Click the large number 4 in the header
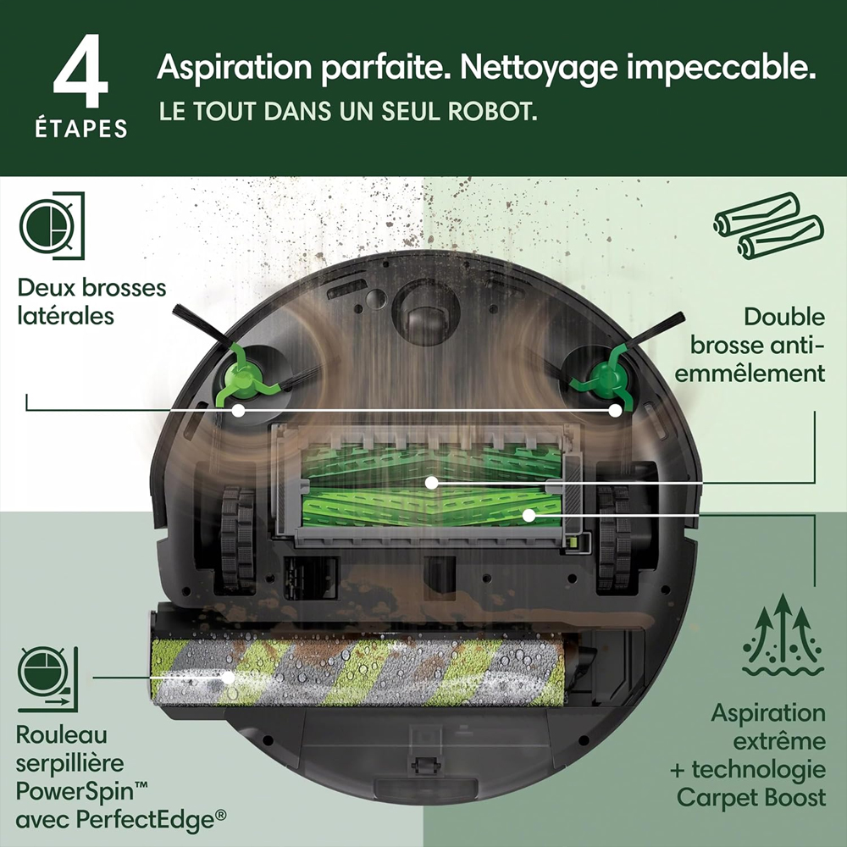80,71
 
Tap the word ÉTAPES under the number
81,129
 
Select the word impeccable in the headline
721,68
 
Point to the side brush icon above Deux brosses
52,226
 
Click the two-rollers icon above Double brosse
769,226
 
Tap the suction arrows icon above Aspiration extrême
783,635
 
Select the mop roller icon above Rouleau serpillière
47,679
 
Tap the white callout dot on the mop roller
229,677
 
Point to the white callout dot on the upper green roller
431,483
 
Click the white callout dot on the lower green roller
529,515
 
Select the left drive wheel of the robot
237,538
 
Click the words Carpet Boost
750,797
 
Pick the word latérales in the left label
65,315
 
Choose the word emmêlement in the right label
750,374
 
